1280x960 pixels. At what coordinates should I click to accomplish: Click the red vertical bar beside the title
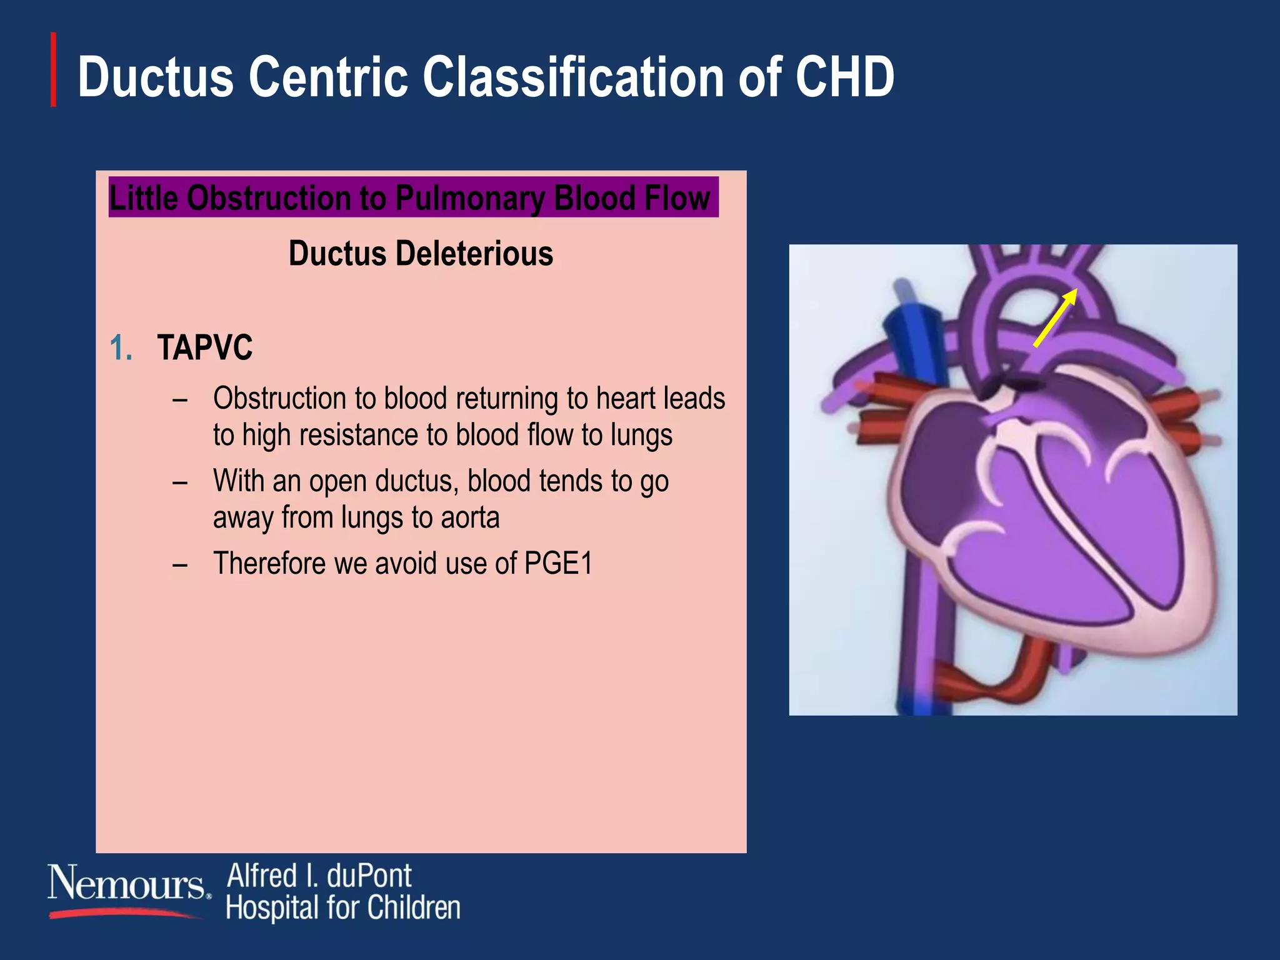[54, 69]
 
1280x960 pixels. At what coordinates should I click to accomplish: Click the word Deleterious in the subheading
[474, 254]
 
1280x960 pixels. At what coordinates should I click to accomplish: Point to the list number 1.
[121, 348]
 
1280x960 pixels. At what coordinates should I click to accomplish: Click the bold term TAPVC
[205, 348]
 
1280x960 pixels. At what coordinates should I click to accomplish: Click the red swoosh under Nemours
[125, 914]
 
